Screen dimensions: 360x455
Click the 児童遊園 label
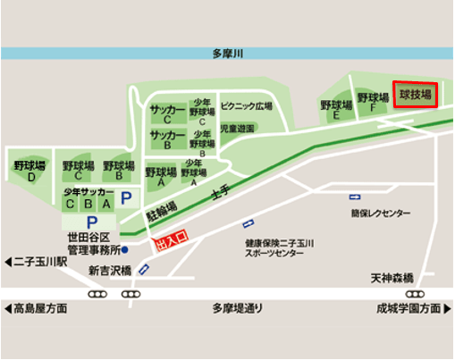[x=238, y=129]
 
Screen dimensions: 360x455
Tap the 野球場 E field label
[x=336, y=110]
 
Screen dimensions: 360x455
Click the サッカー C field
[x=167, y=113]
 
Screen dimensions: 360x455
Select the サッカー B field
[x=167, y=139]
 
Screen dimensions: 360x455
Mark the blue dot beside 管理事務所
[x=125, y=249]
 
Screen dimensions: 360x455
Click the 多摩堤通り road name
[x=238, y=309]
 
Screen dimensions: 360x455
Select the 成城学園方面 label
[x=410, y=309]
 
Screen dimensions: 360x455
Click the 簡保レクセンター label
[x=381, y=213]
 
